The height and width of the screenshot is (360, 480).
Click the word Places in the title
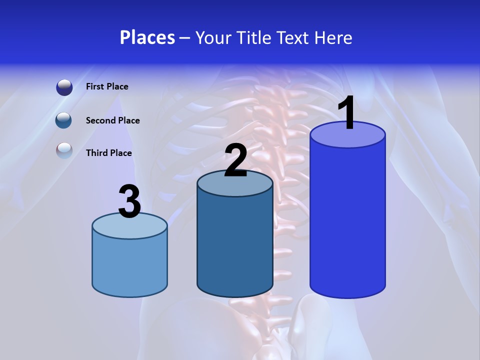(x=147, y=37)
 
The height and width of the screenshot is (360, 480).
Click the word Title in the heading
(x=254, y=37)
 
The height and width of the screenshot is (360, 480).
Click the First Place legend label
(x=107, y=86)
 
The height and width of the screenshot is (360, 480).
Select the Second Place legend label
(x=112, y=120)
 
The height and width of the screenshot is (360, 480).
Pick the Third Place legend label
(x=109, y=153)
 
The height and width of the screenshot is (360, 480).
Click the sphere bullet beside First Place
(x=64, y=87)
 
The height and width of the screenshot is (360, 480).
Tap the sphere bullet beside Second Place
(x=63, y=120)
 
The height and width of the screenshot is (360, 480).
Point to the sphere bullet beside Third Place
(x=64, y=150)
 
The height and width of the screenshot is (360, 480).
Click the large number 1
(x=346, y=113)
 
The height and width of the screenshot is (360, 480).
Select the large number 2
(x=235, y=160)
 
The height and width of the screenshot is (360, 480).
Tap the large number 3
(x=130, y=202)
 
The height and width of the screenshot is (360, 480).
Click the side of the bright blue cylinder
(x=347, y=220)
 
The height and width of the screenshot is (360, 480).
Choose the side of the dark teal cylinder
(x=235, y=245)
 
